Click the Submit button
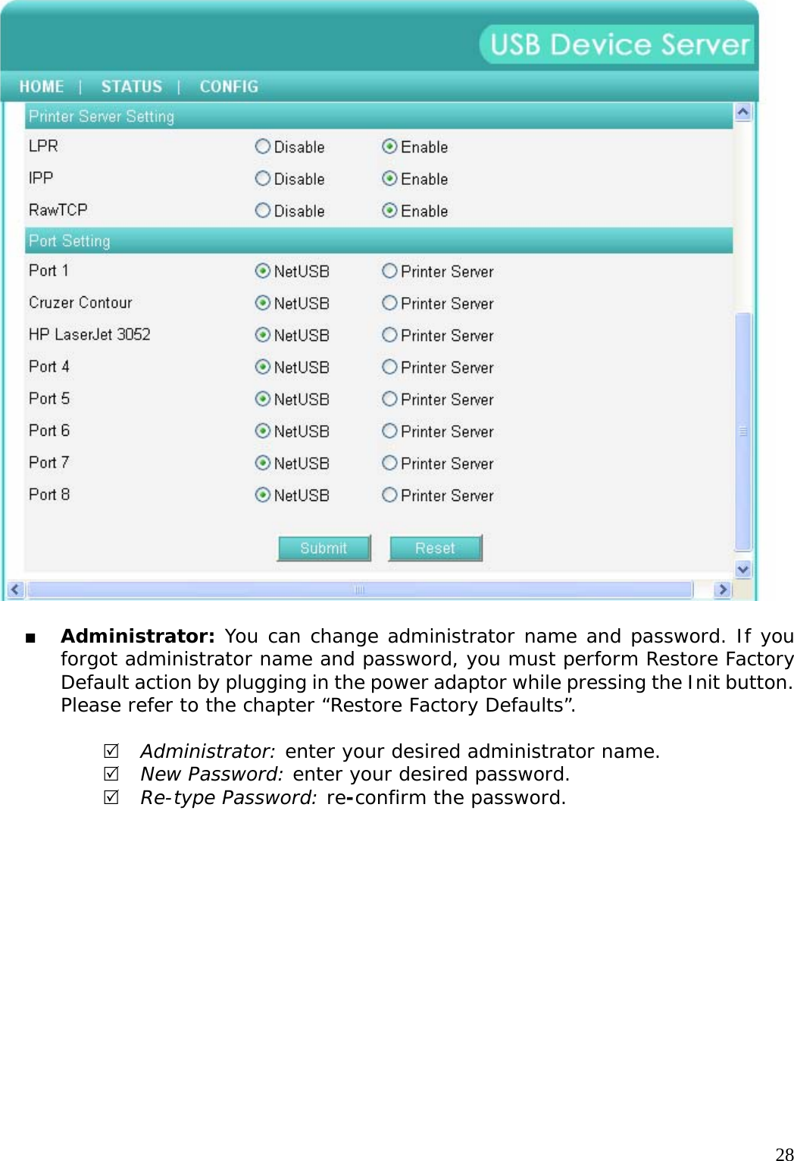coord(324,548)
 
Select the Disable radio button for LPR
coord(263,146)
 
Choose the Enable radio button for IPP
coord(389,178)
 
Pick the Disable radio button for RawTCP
coord(263,210)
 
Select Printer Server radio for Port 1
coord(389,271)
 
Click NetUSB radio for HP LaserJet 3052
coord(263,334)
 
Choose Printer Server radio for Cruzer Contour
coord(389,302)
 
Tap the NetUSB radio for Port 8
coord(263,495)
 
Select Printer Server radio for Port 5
coord(389,399)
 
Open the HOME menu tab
coord(42,86)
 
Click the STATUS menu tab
coord(131,86)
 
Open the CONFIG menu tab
coord(229,86)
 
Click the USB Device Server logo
coord(618,44)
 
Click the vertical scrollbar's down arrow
coord(743,569)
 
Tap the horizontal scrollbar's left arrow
coord(15,589)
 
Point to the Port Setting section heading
coord(70,241)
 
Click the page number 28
coord(784,1153)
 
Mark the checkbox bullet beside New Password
coord(111,774)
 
